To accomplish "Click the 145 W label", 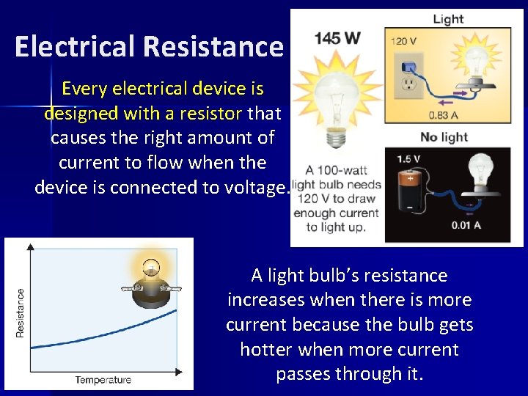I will click(x=337, y=38).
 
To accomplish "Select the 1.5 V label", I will click(x=408, y=158).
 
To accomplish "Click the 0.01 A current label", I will click(x=465, y=225).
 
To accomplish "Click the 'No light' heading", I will click(x=443, y=136).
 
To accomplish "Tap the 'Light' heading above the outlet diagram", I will click(x=447, y=19).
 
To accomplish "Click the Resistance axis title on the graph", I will click(x=20, y=312).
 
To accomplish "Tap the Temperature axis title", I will click(x=103, y=380).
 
